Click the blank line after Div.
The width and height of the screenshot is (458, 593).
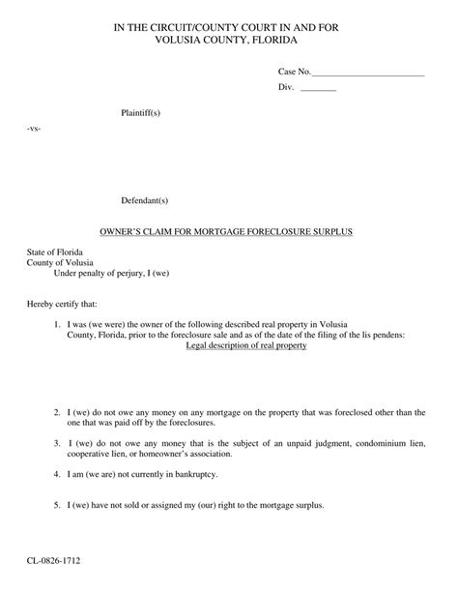coord(318,89)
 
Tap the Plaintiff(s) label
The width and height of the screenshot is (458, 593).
coord(140,113)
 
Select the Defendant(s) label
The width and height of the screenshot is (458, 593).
coord(144,200)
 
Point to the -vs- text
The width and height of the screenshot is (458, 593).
coord(34,128)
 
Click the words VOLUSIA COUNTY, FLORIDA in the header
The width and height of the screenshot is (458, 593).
coord(228,41)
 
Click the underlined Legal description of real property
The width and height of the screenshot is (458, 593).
coord(245,345)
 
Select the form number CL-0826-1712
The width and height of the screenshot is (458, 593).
coord(55,560)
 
